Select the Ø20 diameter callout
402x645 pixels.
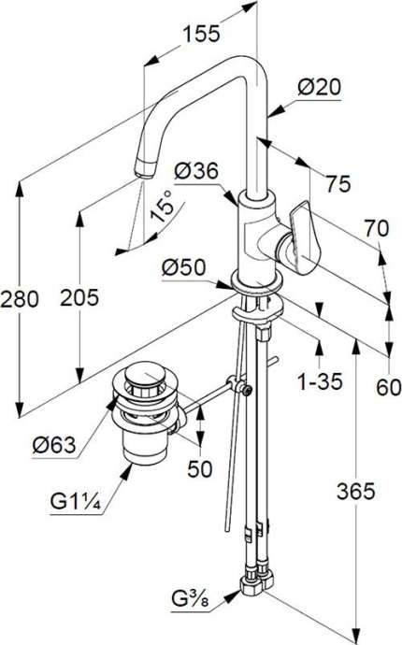click(x=319, y=88)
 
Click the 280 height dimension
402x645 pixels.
click(x=20, y=299)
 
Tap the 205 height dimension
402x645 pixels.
click(x=79, y=299)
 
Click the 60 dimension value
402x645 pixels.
click(x=387, y=386)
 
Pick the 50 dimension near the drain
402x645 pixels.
click(x=199, y=469)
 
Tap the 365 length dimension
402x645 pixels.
click(x=356, y=490)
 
